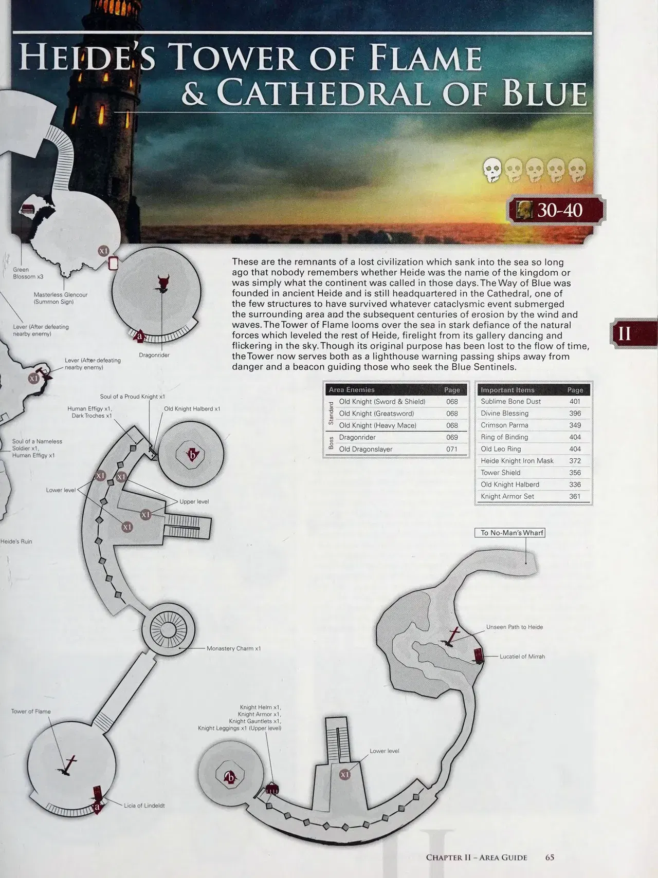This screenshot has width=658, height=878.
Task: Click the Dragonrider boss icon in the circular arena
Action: point(163,284)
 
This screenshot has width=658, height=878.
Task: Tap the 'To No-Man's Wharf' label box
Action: point(509,533)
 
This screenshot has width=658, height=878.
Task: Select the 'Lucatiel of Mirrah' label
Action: point(522,657)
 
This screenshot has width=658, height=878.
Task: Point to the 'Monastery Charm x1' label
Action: point(233,648)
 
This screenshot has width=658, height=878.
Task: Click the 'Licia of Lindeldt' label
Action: point(144,806)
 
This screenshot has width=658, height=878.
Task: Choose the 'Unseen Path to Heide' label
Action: point(515,627)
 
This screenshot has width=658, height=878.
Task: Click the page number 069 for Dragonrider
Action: point(452,437)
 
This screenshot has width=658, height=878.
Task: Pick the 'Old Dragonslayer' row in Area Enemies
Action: point(365,449)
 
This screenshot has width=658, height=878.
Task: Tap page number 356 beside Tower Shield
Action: point(575,473)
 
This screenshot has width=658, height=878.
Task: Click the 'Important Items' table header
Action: point(507,390)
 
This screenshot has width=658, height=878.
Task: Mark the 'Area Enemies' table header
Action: point(352,390)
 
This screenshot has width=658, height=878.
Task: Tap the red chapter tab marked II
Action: point(633,333)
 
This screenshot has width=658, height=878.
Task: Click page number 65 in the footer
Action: point(550,857)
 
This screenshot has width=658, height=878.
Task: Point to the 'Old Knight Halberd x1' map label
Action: point(192,409)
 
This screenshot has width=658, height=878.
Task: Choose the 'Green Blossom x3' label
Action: point(28,273)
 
